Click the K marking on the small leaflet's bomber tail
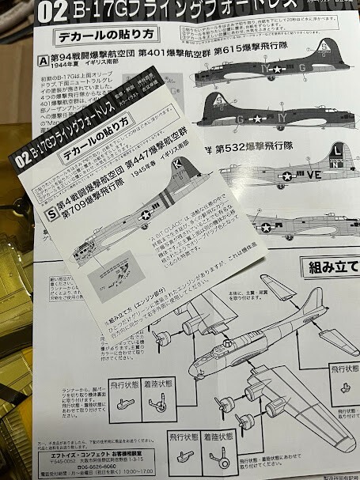tap(176, 162)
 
